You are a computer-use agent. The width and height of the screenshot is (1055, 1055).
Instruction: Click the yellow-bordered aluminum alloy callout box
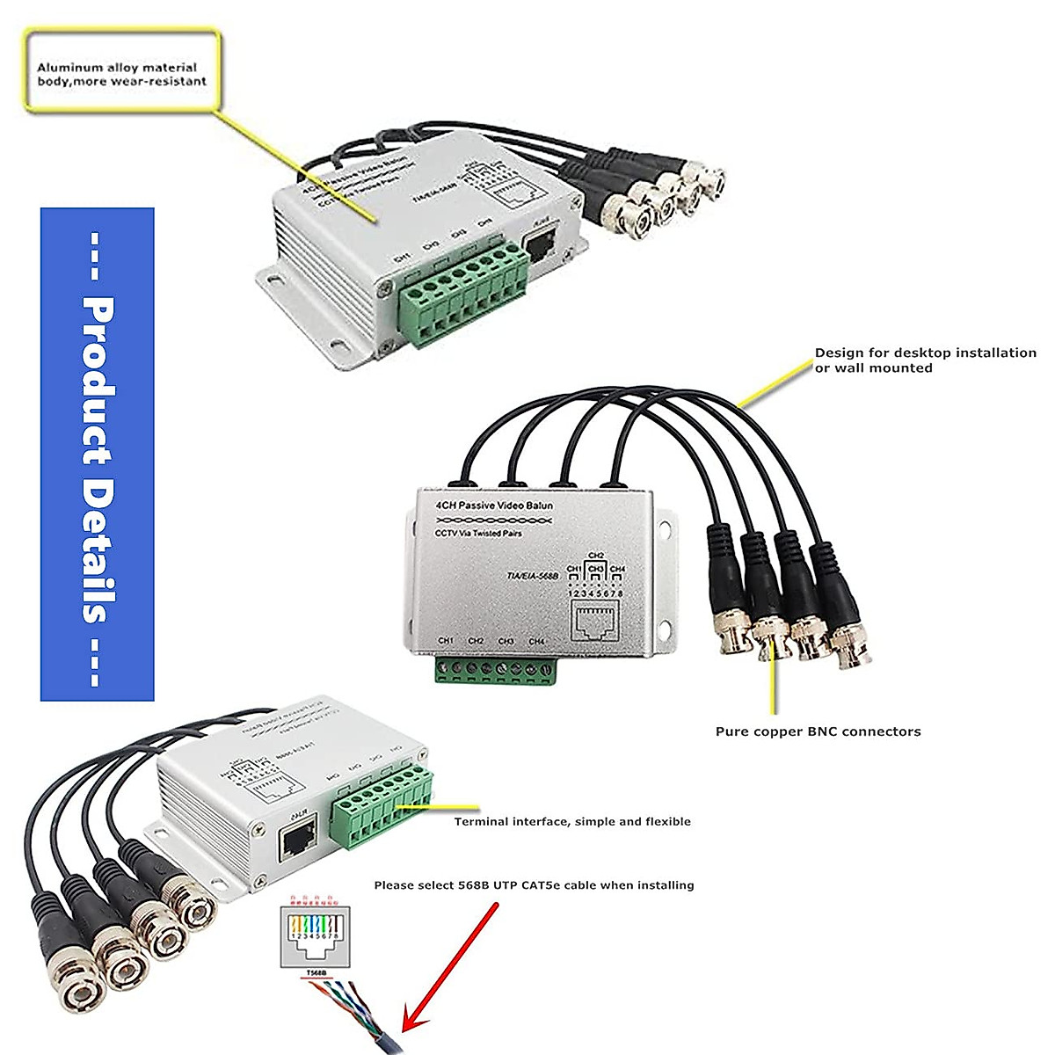point(121,72)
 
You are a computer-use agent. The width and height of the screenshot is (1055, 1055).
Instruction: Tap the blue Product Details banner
point(98,454)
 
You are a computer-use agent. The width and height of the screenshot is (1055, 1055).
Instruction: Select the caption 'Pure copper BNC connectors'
point(818,731)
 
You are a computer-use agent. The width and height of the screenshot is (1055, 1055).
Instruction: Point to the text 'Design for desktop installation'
point(925,353)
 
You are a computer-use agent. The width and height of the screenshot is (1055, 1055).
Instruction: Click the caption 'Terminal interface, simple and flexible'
point(572,822)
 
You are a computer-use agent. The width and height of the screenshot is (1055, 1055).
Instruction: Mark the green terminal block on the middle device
point(496,670)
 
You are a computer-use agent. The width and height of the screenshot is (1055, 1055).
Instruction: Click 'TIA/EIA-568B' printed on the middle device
point(534,576)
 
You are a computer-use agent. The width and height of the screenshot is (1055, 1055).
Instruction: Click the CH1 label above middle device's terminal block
point(446,642)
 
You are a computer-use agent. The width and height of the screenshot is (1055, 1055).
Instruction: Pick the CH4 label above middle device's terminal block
point(536,642)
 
